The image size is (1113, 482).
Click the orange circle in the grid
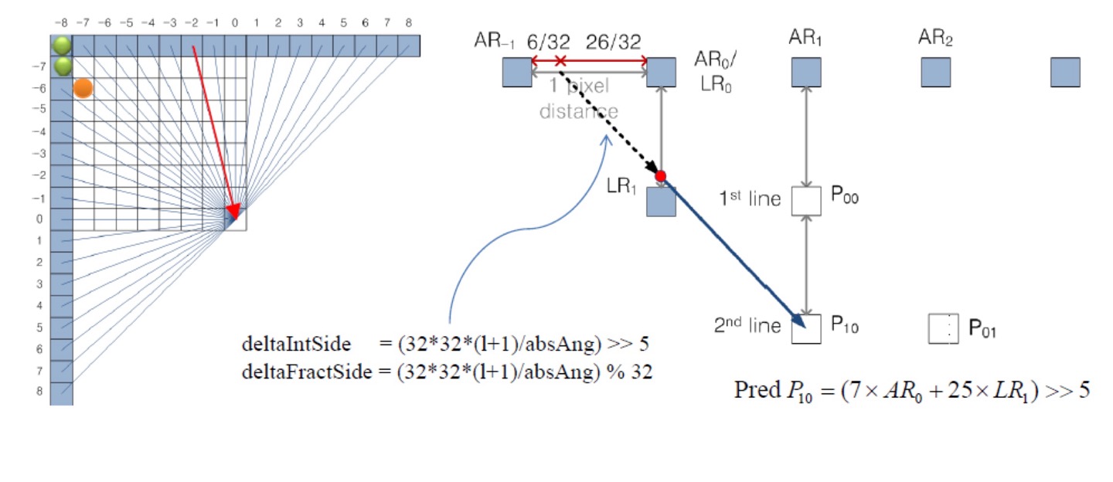83,88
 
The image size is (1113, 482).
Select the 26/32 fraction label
613,42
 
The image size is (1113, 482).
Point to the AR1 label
805,37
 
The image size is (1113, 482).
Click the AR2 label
935,37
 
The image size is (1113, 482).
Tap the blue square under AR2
935,73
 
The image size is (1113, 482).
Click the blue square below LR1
661,202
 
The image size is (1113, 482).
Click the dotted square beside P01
943,328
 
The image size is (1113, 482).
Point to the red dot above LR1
661,176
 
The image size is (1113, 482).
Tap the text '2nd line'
747,326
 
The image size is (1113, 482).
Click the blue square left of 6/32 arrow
516,73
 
